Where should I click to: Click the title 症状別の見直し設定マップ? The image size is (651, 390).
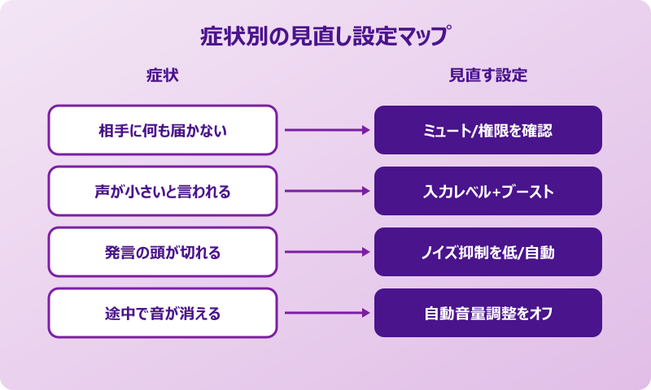[x=325, y=37]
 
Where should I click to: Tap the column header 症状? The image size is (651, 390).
[x=162, y=76]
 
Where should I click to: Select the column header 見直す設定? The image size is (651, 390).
[x=488, y=76]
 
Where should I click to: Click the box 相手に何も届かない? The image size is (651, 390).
[x=163, y=130]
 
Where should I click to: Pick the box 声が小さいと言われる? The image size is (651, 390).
[x=163, y=191]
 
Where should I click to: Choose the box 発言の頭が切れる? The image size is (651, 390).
[x=163, y=252]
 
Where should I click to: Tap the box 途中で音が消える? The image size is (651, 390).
[x=163, y=313]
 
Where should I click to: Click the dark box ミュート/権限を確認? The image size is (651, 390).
[x=488, y=130]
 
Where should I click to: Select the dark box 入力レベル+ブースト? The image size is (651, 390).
[x=488, y=191]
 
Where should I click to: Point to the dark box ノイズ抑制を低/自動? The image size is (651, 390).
[x=488, y=252]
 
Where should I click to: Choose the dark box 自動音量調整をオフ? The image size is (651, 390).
[x=488, y=313]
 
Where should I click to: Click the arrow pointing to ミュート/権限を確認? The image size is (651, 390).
[x=325, y=130]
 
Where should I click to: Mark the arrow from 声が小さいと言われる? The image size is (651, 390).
[x=325, y=191]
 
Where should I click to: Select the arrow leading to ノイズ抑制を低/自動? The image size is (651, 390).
[x=325, y=252]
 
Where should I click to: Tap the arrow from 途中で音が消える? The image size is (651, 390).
[x=325, y=313]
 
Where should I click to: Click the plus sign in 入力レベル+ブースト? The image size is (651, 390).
[x=498, y=192]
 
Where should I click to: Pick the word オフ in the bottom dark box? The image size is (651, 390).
[x=541, y=313]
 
